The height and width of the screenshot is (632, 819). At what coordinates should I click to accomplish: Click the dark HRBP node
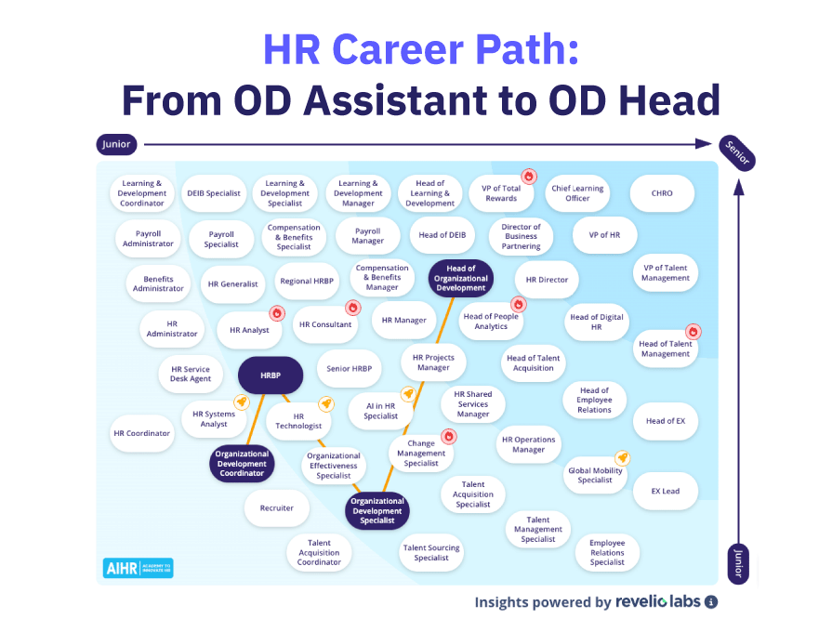tap(270, 375)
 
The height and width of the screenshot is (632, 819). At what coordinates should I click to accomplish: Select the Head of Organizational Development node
tap(461, 278)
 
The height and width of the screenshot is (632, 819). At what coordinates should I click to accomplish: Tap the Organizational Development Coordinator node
tap(242, 464)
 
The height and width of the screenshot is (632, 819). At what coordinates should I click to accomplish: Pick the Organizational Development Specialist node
tap(377, 510)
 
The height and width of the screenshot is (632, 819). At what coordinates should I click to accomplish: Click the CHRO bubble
tap(662, 193)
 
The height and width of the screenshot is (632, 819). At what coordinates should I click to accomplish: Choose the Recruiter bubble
tap(277, 508)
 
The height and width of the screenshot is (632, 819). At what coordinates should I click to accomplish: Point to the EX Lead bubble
tap(665, 491)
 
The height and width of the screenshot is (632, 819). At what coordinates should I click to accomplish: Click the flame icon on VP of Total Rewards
tap(529, 176)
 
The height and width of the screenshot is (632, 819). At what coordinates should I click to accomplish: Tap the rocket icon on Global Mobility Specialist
tap(622, 457)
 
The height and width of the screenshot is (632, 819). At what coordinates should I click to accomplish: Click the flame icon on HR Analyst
tap(276, 313)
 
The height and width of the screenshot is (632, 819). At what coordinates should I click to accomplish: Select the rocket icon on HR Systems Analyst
tap(240, 402)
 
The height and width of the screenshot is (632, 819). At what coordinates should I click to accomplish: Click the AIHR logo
tap(138, 567)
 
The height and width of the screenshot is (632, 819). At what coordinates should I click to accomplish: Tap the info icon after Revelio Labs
tap(711, 602)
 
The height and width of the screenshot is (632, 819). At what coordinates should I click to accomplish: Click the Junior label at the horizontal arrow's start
tap(116, 144)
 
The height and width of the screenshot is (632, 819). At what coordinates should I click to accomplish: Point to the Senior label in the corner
tap(737, 152)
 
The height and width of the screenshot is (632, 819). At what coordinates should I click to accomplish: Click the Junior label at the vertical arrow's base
tap(738, 563)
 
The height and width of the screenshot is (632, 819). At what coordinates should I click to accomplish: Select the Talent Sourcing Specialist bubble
tap(431, 553)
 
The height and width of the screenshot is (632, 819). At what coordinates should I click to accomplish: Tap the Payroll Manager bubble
tap(368, 235)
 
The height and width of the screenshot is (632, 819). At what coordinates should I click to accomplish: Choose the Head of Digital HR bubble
tap(598, 322)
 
